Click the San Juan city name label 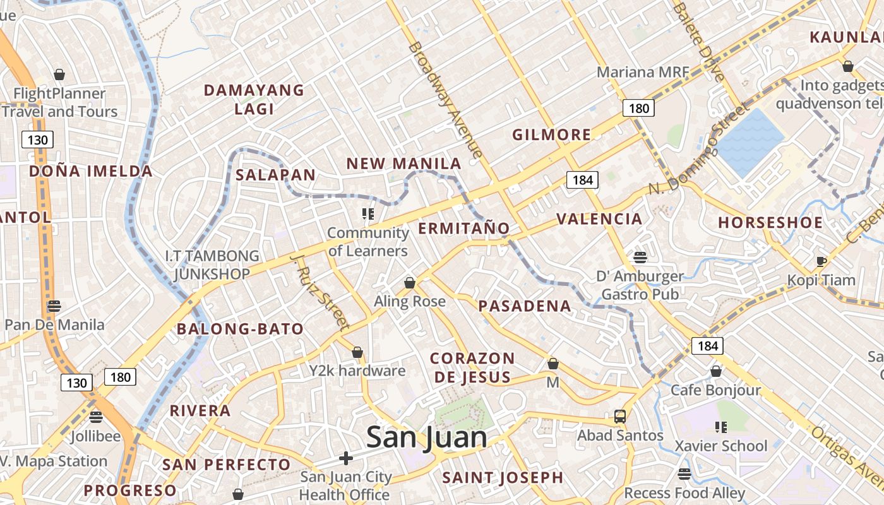pyautogui.click(x=426, y=437)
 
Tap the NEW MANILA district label pyautogui.click(x=404, y=163)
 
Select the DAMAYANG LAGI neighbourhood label pyautogui.click(x=254, y=99)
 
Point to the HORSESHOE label pyautogui.click(x=770, y=222)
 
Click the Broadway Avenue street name pyautogui.click(x=446, y=100)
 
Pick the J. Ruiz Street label pyautogui.click(x=320, y=292)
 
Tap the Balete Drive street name pyautogui.click(x=698, y=42)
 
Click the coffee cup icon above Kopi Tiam pyautogui.click(x=821, y=261)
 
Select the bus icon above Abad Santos pyautogui.click(x=620, y=417)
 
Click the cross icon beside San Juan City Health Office pyautogui.click(x=345, y=458)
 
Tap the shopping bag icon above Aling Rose pyautogui.click(x=410, y=283)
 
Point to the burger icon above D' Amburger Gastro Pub pyautogui.click(x=640, y=257)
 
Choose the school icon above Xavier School pyautogui.click(x=720, y=427)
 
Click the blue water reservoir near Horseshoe pyautogui.click(x=750, y=141)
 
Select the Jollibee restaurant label pyautogui.click(x=95, y=436)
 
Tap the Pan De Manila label pyautogui.click(x=54, y=324)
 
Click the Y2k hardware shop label pyautogui.click(x=357, y=370)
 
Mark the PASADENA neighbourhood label pyautogui.click(x=525, y=306)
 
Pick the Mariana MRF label pyautogui.click(x=643, y=72)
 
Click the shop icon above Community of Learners pyautogui.click(x=368, y=214)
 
